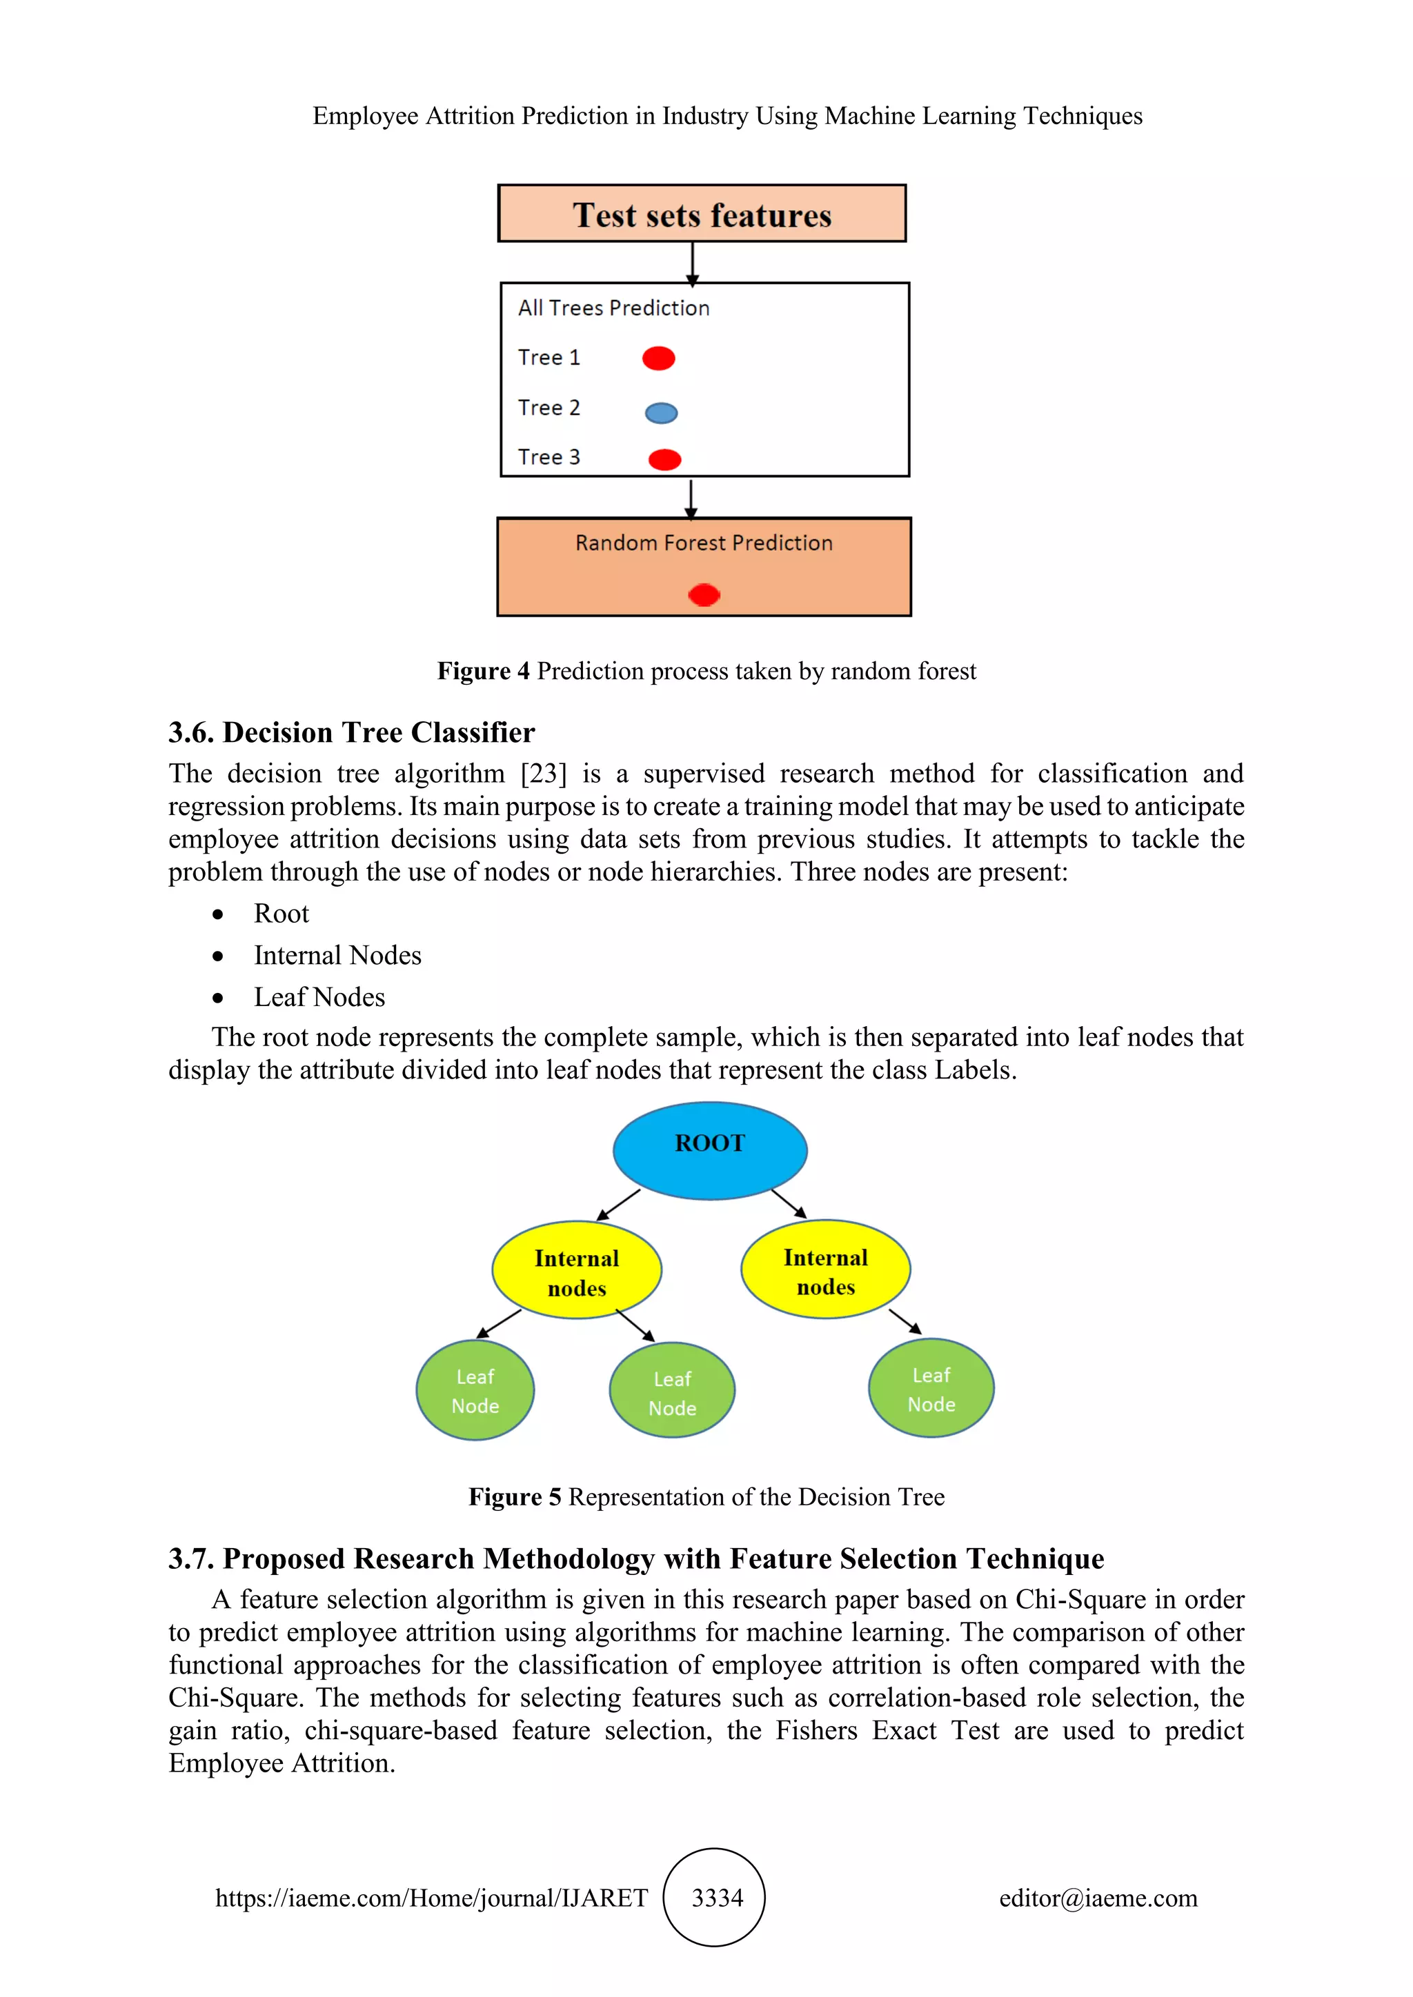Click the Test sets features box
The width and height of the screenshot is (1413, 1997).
(x=701, y=214)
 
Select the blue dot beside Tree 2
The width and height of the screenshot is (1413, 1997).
(x=661, y=413)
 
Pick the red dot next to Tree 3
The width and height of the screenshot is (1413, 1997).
(x=664, y=459)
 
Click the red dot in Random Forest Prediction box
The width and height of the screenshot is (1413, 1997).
(x=704, y=595)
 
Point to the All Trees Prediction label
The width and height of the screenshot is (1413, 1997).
(x=613, y=308)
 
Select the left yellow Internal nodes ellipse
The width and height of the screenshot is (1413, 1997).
(x=577, y=1271)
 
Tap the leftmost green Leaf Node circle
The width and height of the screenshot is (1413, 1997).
(x=475, y=1390)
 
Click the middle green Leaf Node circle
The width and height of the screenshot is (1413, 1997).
(x=672, y=1392)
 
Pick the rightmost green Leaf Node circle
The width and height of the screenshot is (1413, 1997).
(x=931, y=1388)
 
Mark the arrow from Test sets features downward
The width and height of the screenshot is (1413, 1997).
(x=693, y=263)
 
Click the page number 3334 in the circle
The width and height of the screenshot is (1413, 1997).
(x=717, y=1897)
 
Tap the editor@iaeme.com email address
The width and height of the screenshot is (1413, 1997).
(x=1098, y=1898)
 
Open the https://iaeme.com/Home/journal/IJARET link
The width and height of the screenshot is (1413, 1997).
(x=431, y=1898)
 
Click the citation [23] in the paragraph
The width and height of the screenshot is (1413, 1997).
(x=543, y=773)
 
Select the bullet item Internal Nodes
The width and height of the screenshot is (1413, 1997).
(x=337, y=955)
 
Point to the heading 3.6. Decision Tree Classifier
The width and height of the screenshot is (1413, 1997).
(x=351, y=732)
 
